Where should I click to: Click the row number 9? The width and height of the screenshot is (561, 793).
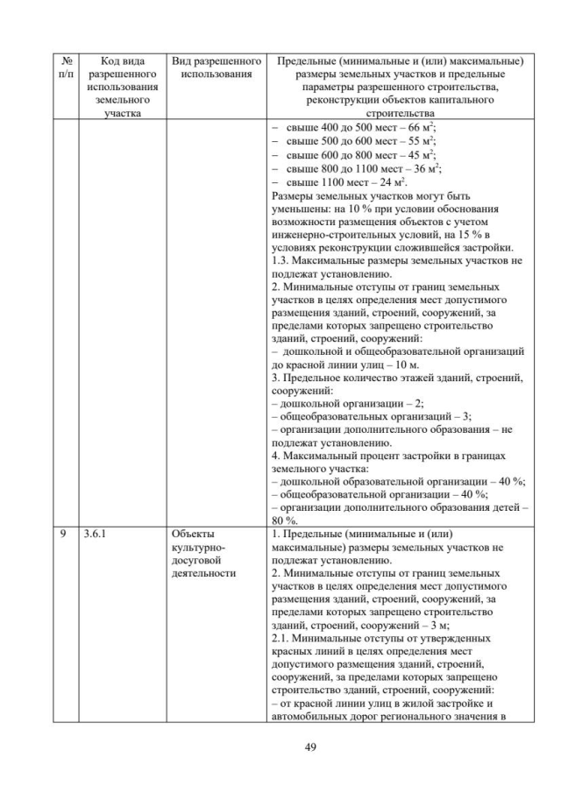tap(63, 533)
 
